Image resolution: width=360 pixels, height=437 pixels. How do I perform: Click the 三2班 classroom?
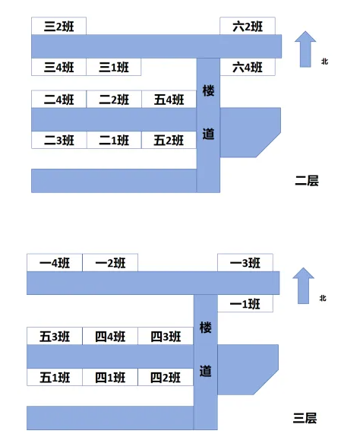pos(58,26)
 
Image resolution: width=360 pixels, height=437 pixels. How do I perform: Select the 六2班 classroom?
pos(248,26)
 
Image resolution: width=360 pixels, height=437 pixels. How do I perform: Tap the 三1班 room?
pos(114,67)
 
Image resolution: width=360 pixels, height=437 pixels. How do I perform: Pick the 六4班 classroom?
pos(248,67)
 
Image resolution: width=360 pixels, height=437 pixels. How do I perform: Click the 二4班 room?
pos(58,100)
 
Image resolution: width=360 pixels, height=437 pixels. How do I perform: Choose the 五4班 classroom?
pos(169,100)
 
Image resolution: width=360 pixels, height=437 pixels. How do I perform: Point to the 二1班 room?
pos(114,140)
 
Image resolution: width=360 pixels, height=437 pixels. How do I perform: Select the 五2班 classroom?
pos(169,140)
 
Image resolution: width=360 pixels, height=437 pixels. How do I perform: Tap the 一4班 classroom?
pos(55,262)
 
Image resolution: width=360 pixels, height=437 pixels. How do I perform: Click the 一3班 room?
pos(245,262)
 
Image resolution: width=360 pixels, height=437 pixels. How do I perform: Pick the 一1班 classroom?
pos(245,303)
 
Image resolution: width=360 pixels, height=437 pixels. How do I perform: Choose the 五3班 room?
pos(55,336)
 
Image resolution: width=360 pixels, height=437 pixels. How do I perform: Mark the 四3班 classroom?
pos(166,336)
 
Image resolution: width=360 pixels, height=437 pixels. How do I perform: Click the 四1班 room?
pos(110,377)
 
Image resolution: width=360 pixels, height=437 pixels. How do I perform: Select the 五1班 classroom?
pos(55,377)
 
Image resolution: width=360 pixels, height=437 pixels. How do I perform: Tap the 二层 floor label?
pos(307,181)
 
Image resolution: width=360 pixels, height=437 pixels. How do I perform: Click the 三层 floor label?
pos(305,418)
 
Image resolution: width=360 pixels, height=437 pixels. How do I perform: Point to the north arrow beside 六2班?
pos(305,49)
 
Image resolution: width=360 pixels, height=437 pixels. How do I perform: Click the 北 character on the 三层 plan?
pos(323,298)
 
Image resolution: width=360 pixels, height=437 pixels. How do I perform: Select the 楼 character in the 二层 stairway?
pos(208,91)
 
